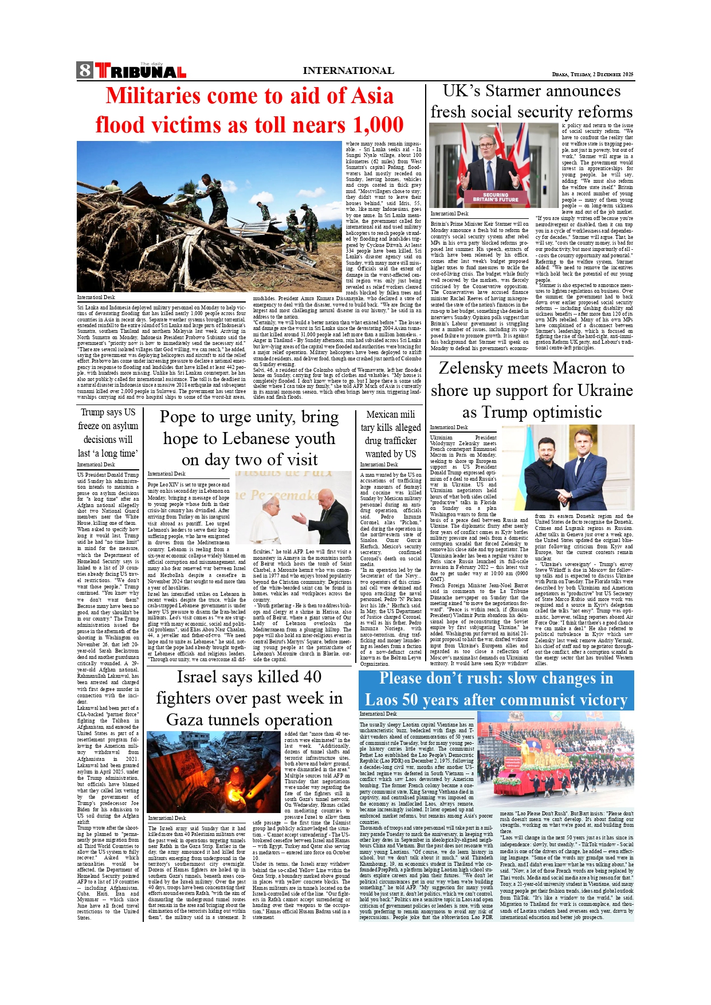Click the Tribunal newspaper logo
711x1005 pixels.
point(140,71)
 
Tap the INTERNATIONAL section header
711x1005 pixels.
point(348,71)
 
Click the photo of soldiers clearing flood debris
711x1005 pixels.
point(210,217)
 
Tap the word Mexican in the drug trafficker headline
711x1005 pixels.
point(382,414)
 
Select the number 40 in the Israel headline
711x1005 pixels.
point(312,677)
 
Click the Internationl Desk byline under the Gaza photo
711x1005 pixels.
point(167,818)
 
